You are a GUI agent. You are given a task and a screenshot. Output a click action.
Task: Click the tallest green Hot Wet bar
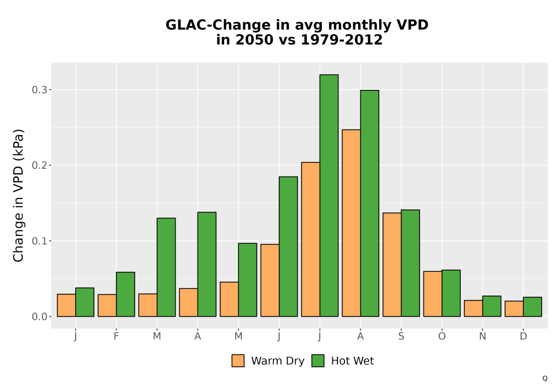[x=329, y=195]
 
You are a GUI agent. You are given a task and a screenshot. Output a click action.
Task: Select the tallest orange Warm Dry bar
[x=351, y=223]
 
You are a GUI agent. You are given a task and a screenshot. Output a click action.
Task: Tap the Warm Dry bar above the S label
[x=392, y=265]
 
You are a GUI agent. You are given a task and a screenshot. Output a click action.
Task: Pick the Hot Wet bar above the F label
[x=125, y=294]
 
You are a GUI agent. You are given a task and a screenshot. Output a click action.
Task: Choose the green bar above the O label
[x=451, y=293]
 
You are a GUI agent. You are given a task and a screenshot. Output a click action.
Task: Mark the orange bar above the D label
[x=514, y=309]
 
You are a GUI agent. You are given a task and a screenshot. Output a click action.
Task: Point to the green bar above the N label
[x=492, y=306]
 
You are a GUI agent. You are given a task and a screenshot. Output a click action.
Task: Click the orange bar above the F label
[x=107, y=305]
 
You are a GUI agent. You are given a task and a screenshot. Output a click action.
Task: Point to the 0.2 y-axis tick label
[x=39, y=165]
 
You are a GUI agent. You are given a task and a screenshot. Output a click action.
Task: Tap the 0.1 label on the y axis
[x=39, y=241]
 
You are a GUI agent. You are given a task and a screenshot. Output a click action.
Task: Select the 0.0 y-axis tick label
[x=39, y=317]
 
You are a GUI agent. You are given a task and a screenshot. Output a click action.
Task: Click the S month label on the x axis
[x=401, y=336]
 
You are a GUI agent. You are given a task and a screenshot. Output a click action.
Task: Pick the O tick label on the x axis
[x=442, y=336]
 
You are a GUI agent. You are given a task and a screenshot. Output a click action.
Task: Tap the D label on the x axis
[x=523, y=336]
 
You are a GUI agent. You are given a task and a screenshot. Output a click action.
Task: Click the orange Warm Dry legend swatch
[x=238, y=361]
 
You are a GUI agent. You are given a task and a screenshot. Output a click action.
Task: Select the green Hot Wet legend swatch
[x=318, y=361]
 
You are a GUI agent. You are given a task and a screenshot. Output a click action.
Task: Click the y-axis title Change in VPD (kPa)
[x=18, y=196]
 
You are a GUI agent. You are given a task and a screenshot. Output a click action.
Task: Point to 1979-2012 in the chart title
[x=342, y=40]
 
